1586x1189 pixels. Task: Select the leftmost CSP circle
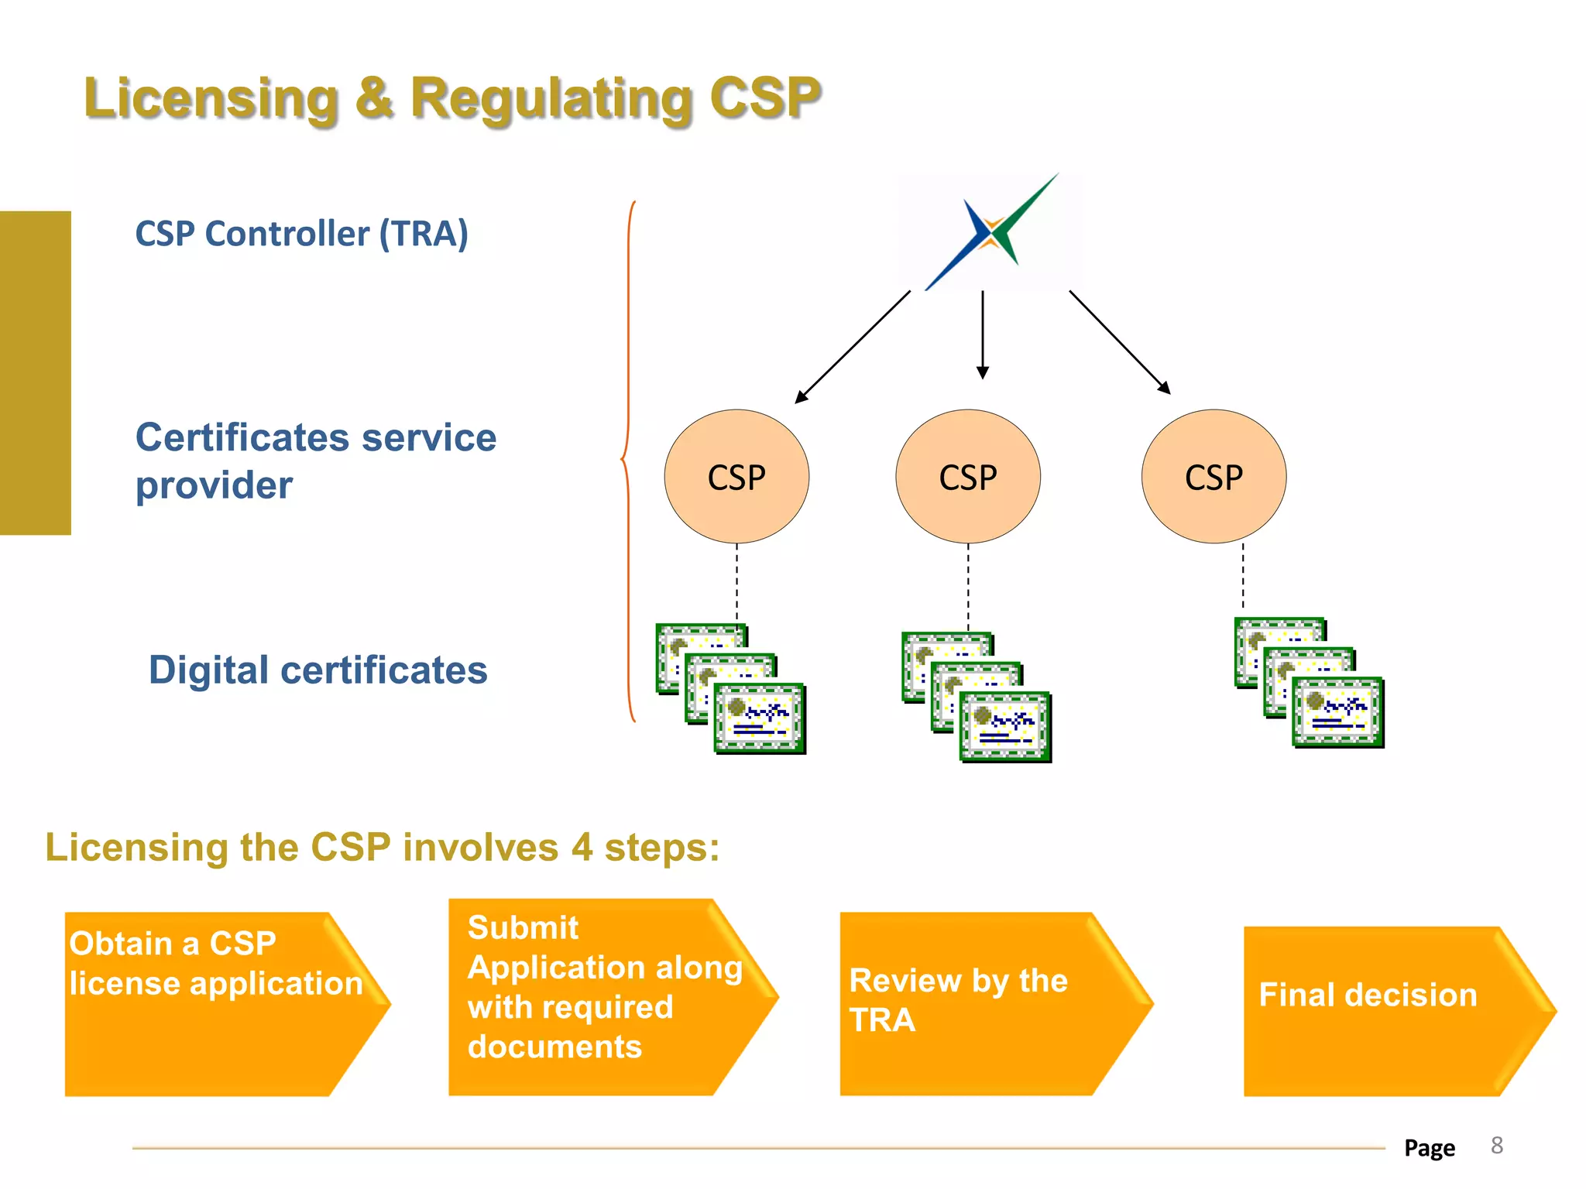point(736,476)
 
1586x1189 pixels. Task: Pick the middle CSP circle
point(968,476)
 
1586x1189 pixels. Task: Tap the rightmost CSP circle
point(1214,476)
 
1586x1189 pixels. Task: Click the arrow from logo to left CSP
point(852,347)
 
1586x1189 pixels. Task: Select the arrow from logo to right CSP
point(1119,341)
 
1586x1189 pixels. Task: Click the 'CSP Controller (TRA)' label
point(301,234)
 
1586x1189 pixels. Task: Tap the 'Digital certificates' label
point(318,670)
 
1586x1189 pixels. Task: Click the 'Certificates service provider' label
point(315,461)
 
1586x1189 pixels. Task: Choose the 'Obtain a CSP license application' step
point(217,1003)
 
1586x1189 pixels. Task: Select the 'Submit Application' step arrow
point(604,997)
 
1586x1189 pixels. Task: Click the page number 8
point(1497,1146)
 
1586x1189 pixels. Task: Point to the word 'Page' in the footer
point(1430,1147)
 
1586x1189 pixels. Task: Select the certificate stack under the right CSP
point(1309,683)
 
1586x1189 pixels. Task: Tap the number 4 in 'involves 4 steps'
point(582,847)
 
